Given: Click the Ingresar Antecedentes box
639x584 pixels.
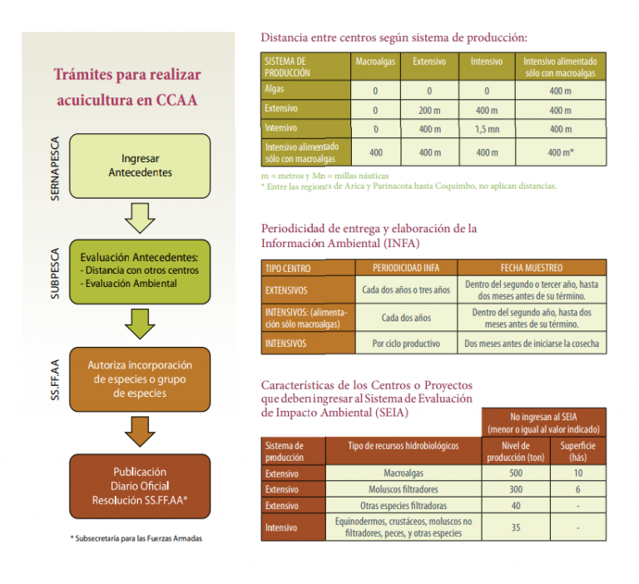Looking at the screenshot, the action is [x=140, y=166].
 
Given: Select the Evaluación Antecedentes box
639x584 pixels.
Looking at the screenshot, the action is [x=140, y=271].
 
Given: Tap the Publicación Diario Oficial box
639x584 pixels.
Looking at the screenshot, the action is [x=140, y=486].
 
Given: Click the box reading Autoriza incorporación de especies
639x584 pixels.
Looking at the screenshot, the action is [x=140, y=379].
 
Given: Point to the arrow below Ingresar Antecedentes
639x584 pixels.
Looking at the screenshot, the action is [x=140, y=218].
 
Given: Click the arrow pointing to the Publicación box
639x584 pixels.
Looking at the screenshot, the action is [x=140, y=432].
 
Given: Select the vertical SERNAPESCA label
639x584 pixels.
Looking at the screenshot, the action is [x=55, y=168].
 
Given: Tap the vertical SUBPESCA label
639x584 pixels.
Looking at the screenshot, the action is [x=55, y=274].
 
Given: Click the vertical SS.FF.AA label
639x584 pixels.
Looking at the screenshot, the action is [x=55, y=380].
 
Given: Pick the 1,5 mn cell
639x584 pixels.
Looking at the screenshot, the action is [x=487, y=129].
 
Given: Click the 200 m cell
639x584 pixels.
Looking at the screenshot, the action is [x=429, y=110].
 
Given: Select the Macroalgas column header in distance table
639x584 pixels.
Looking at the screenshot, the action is [x=375, y=62].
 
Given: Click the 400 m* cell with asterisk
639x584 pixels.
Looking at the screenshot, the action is [x=561, y=152].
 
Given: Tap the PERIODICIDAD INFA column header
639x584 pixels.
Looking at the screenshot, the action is [x=406, y=268].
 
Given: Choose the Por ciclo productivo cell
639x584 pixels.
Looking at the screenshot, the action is [x=406, y=344].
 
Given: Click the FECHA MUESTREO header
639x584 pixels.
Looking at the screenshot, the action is [x=532, y=268].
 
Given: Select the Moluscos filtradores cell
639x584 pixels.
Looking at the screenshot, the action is [x=404, y=489].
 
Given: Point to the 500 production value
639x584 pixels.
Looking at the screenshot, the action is [x=516, y=473].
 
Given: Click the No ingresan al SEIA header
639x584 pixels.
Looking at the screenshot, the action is [x=543, y=423].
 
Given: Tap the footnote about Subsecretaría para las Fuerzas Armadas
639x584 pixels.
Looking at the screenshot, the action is [x=136, y=538].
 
